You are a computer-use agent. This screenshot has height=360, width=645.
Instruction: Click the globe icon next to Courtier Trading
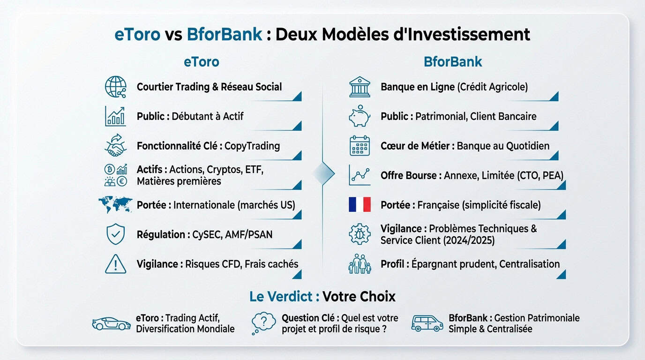115,87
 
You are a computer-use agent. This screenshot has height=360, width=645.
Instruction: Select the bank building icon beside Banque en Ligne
360,87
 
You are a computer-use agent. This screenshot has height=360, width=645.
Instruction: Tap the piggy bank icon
360,116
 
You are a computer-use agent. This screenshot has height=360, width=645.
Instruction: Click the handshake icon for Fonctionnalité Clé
115,146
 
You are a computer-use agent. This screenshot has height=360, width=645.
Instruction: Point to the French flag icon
360,204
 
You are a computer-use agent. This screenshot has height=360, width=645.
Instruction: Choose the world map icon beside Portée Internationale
115,204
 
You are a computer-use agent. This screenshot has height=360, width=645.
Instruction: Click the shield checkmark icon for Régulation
115,234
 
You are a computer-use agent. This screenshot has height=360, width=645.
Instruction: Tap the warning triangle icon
115,264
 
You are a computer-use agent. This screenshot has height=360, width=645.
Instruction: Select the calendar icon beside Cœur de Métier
360,146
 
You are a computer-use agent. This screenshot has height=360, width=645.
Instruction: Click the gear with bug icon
360,234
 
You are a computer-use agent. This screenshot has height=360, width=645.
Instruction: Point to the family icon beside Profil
360,264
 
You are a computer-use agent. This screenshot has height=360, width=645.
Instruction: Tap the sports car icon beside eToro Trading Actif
111,323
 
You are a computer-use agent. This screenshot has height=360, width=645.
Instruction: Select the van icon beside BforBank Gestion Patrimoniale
427,323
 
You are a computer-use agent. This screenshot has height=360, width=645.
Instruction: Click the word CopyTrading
252,146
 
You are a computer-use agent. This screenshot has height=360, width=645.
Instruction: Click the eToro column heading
201,62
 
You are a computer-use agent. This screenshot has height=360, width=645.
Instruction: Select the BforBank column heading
452,62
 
